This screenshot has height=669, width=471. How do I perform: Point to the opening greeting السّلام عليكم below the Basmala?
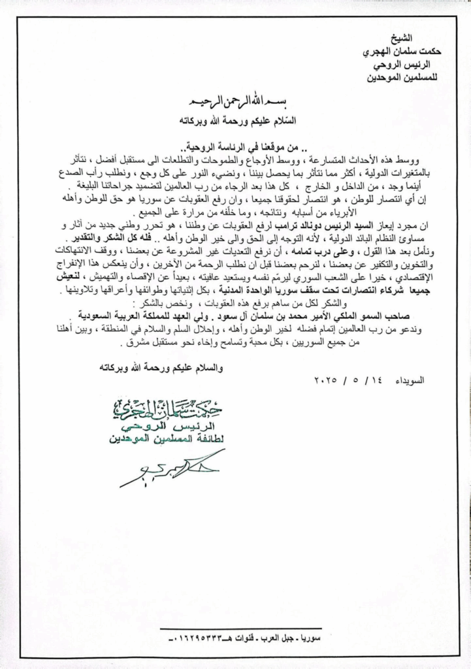click(x=260, y=120)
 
